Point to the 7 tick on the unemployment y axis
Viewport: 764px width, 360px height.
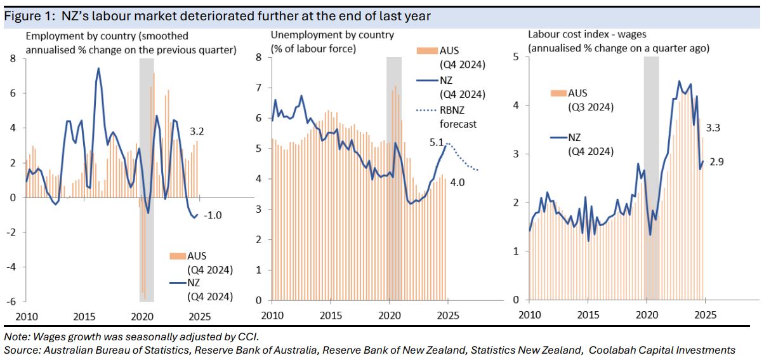pos(258,88)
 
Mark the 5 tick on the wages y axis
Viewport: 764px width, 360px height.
pos(517,57)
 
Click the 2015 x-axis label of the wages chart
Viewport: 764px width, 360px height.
pos(588,316)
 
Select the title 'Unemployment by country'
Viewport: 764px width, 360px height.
pos(332,36)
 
